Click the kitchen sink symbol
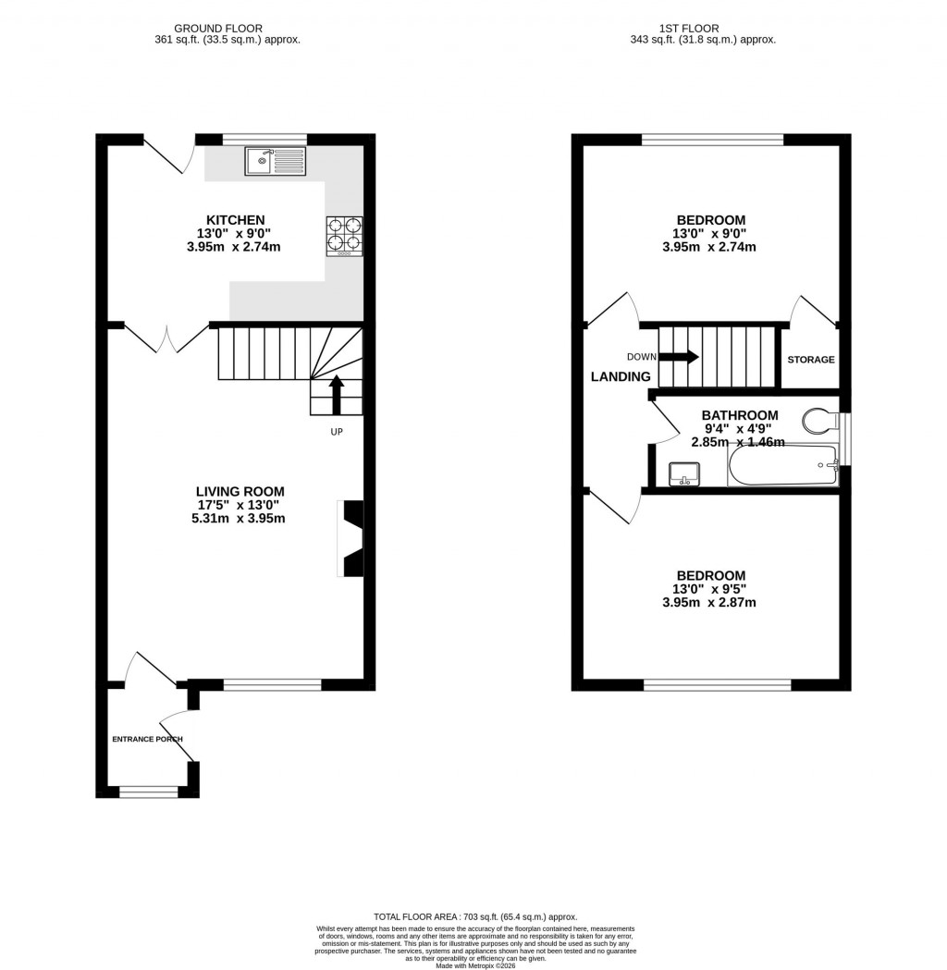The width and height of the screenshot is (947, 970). (275, 162)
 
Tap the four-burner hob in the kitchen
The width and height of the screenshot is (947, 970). (344, 235)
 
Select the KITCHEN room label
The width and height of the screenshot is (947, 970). (235, 220)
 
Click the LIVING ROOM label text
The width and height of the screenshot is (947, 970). (240, 491)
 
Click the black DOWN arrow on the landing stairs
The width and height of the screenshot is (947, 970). (679, 357)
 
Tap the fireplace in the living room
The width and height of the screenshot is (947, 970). (353, 539)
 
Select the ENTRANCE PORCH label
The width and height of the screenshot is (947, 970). (147, 739)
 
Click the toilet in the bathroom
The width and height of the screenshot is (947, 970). (818, 421)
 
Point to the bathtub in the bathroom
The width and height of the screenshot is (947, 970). (782, 466)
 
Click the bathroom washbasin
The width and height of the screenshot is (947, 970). (683, 473)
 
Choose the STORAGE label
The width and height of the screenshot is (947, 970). (810, 360)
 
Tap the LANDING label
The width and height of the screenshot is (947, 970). (621, 376)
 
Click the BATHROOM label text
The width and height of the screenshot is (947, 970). (739, 415)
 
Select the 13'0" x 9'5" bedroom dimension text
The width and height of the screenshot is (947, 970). (709, 589)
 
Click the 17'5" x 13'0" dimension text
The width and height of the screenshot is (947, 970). (240, 505)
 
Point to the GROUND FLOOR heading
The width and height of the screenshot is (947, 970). (228, 29)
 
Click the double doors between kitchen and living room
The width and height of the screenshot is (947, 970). (166, 338)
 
